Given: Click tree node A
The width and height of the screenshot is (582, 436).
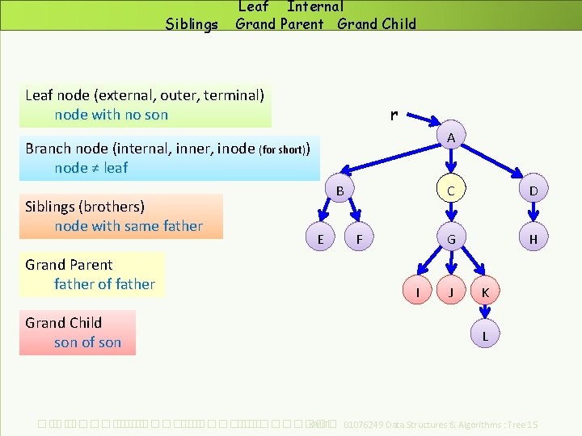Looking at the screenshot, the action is pos(451,138).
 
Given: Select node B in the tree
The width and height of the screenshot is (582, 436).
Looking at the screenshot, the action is pos(340,191).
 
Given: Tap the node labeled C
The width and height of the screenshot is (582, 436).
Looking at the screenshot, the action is pos(451,191).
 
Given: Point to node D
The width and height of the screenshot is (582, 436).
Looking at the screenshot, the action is pos(533,191).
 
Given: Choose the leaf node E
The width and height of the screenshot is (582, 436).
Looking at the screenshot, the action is pos(321,239).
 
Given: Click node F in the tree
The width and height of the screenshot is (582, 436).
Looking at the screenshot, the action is pos(360,239).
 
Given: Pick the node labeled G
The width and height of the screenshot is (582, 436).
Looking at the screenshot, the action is pos(451,239).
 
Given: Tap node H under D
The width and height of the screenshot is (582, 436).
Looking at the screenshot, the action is pos(533,239).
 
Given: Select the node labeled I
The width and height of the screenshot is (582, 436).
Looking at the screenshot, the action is pos(417,291).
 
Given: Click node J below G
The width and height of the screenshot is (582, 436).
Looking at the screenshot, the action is pos(451,291).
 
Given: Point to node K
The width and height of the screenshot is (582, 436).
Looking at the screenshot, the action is pos(485,291).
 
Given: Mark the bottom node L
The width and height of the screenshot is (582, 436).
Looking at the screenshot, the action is pos(485,335).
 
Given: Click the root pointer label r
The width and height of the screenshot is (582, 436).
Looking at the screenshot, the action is pos(393,115).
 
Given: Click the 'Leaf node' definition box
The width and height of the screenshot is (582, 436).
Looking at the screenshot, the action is pos(145,105).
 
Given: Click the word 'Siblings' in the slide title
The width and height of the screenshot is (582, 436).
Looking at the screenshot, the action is pos(192,24).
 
